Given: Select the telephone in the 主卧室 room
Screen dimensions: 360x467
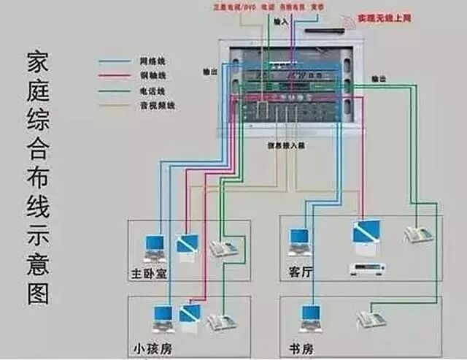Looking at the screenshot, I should click(x=223, y=248).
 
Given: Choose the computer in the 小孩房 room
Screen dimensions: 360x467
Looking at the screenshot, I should click(x=162, y=317).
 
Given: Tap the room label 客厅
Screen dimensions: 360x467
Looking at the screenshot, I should click(x=300, y=272).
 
